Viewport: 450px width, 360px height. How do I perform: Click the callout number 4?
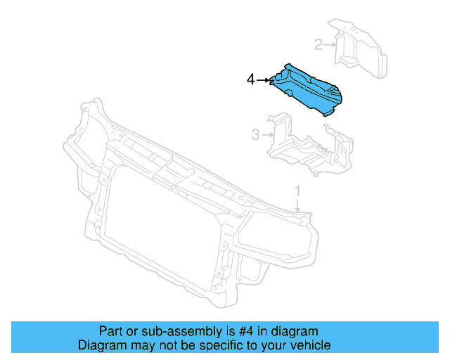[x=251, y=80]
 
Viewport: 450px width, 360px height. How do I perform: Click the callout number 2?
[x=318, y=46]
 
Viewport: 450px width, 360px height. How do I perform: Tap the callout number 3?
[x=256, y=134]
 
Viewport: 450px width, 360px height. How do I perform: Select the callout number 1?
[x=297, y=191]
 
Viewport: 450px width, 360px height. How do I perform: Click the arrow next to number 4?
[x=263, y=80]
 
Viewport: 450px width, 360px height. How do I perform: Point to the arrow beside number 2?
[x=330, y=46]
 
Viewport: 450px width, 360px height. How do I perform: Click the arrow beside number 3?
[x=267, y=134]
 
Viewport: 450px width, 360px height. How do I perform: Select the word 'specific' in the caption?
[x=219, y=346]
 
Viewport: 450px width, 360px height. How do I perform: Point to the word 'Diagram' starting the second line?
[x=101, y=346]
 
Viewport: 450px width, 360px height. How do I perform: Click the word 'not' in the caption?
[x=162, y=346]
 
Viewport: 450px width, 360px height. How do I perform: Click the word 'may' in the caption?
[x=139, y=346]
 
